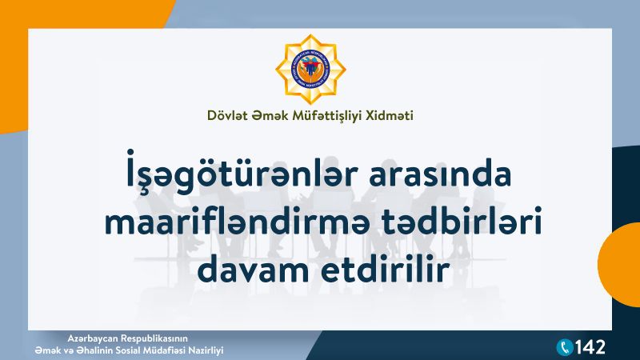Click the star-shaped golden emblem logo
[310, 70]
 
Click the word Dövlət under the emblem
[227, 115]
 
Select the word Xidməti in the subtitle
[390, 115]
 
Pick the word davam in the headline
[253, 270]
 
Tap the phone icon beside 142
[565, 347]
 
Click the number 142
[590, 347]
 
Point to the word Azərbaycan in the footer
[93, 338]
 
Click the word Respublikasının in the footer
[154, 338]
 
